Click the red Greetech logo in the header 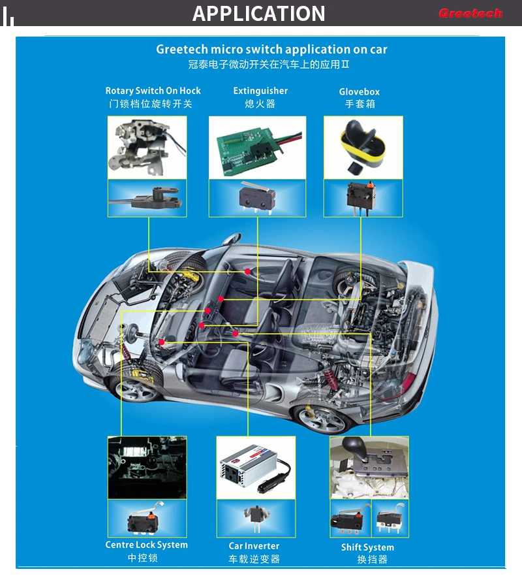pos(470,13)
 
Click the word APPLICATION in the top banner pos(259,13)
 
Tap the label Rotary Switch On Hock pos(153,91)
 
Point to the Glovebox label pos(359,92)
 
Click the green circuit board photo pos(257,147)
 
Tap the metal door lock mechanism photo pos(147,147)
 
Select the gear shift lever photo pos(369,465)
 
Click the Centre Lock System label pos(147,545)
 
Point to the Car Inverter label pos(254,546)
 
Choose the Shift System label pos(367,547)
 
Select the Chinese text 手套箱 pos(360,105)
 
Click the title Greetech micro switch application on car pos(271,50)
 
